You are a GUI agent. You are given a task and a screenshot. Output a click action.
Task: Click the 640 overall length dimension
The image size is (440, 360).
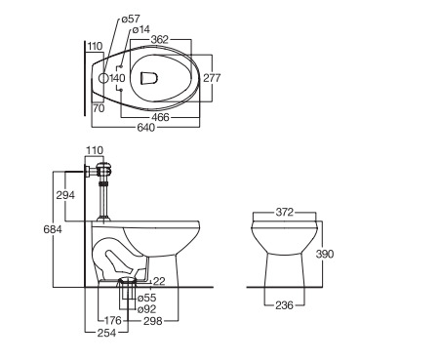(x=147, y=127)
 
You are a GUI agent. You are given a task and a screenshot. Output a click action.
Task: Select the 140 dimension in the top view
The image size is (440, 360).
(x=117, y=78)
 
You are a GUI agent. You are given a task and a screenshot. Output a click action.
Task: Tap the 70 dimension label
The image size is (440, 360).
(x=99, y=108)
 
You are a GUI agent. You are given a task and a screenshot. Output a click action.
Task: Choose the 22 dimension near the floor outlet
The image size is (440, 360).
(x=158, y=281)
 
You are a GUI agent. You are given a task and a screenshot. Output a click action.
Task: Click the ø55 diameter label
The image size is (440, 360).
(x=145, y=297)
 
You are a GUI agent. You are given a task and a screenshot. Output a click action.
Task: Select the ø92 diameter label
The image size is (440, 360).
(x=145, y=309)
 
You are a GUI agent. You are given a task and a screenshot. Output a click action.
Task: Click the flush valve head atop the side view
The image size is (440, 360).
(x=105, y=170)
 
